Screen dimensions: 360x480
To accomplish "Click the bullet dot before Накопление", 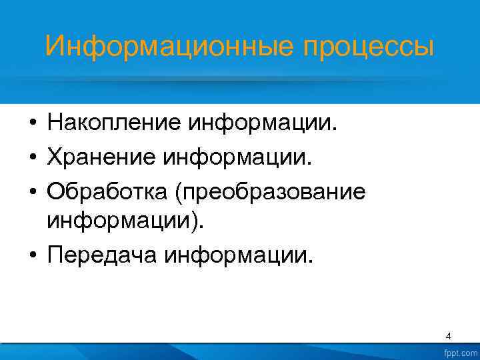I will pyautogui.click(x=31, y=123).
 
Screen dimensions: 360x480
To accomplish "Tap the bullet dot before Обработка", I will pyautogui.click(x=31, y=193).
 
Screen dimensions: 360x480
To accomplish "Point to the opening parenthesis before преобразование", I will pyautogui.click(x=178, y=193).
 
